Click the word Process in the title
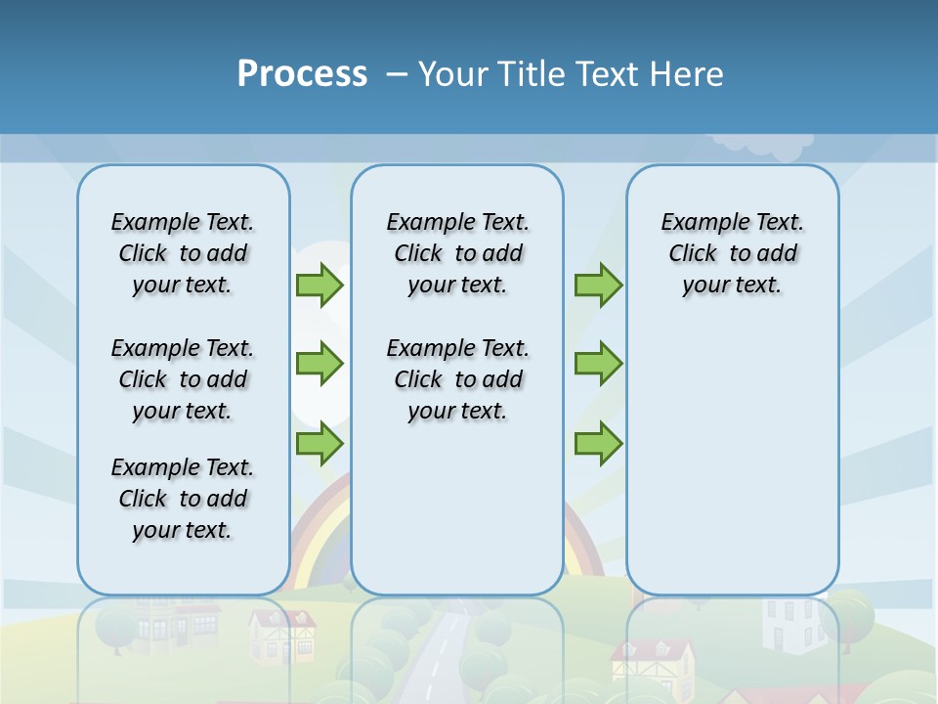point(302,74)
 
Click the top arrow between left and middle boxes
point(320,285)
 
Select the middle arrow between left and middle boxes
point(320,364)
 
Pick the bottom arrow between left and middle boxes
point(320,443)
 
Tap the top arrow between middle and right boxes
point(598,285)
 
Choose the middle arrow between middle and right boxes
point(598,364)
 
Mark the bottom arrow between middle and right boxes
point(598,443)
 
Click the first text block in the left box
point(183,253)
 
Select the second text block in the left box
point(183,379)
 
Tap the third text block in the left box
point(183,499)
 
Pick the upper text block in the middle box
point(457,253)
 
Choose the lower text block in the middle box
point(457,379)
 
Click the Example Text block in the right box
point(732,253)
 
